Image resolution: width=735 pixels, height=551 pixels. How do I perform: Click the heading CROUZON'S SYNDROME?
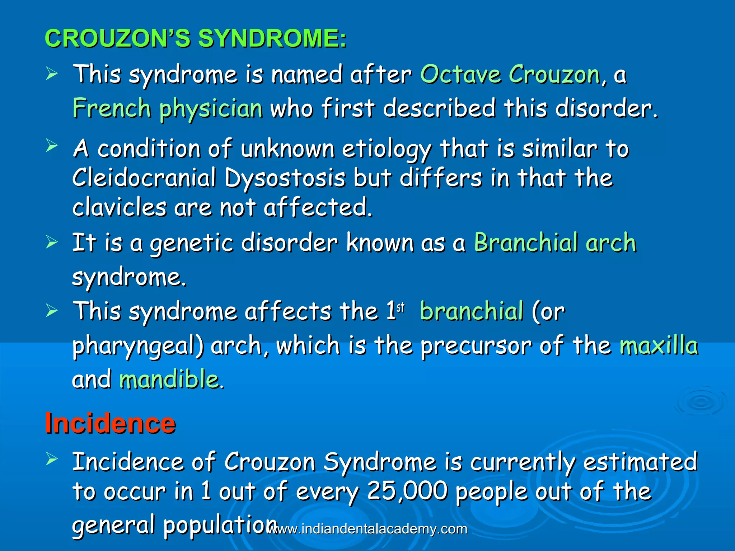196,38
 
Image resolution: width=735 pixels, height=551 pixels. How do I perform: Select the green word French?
112,108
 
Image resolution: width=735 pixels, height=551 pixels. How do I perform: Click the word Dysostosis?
285,178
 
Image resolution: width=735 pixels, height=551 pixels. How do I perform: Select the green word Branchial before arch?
525,242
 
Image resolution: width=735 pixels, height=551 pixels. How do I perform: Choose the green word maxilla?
659,345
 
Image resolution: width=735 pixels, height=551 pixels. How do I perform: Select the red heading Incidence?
110,423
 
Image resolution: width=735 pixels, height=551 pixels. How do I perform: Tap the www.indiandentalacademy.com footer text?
367,529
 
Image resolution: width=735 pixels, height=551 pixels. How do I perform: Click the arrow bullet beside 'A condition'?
52,146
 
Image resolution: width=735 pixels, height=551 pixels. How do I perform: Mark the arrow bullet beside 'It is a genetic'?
52,242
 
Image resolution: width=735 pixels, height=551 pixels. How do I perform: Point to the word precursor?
476,346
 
